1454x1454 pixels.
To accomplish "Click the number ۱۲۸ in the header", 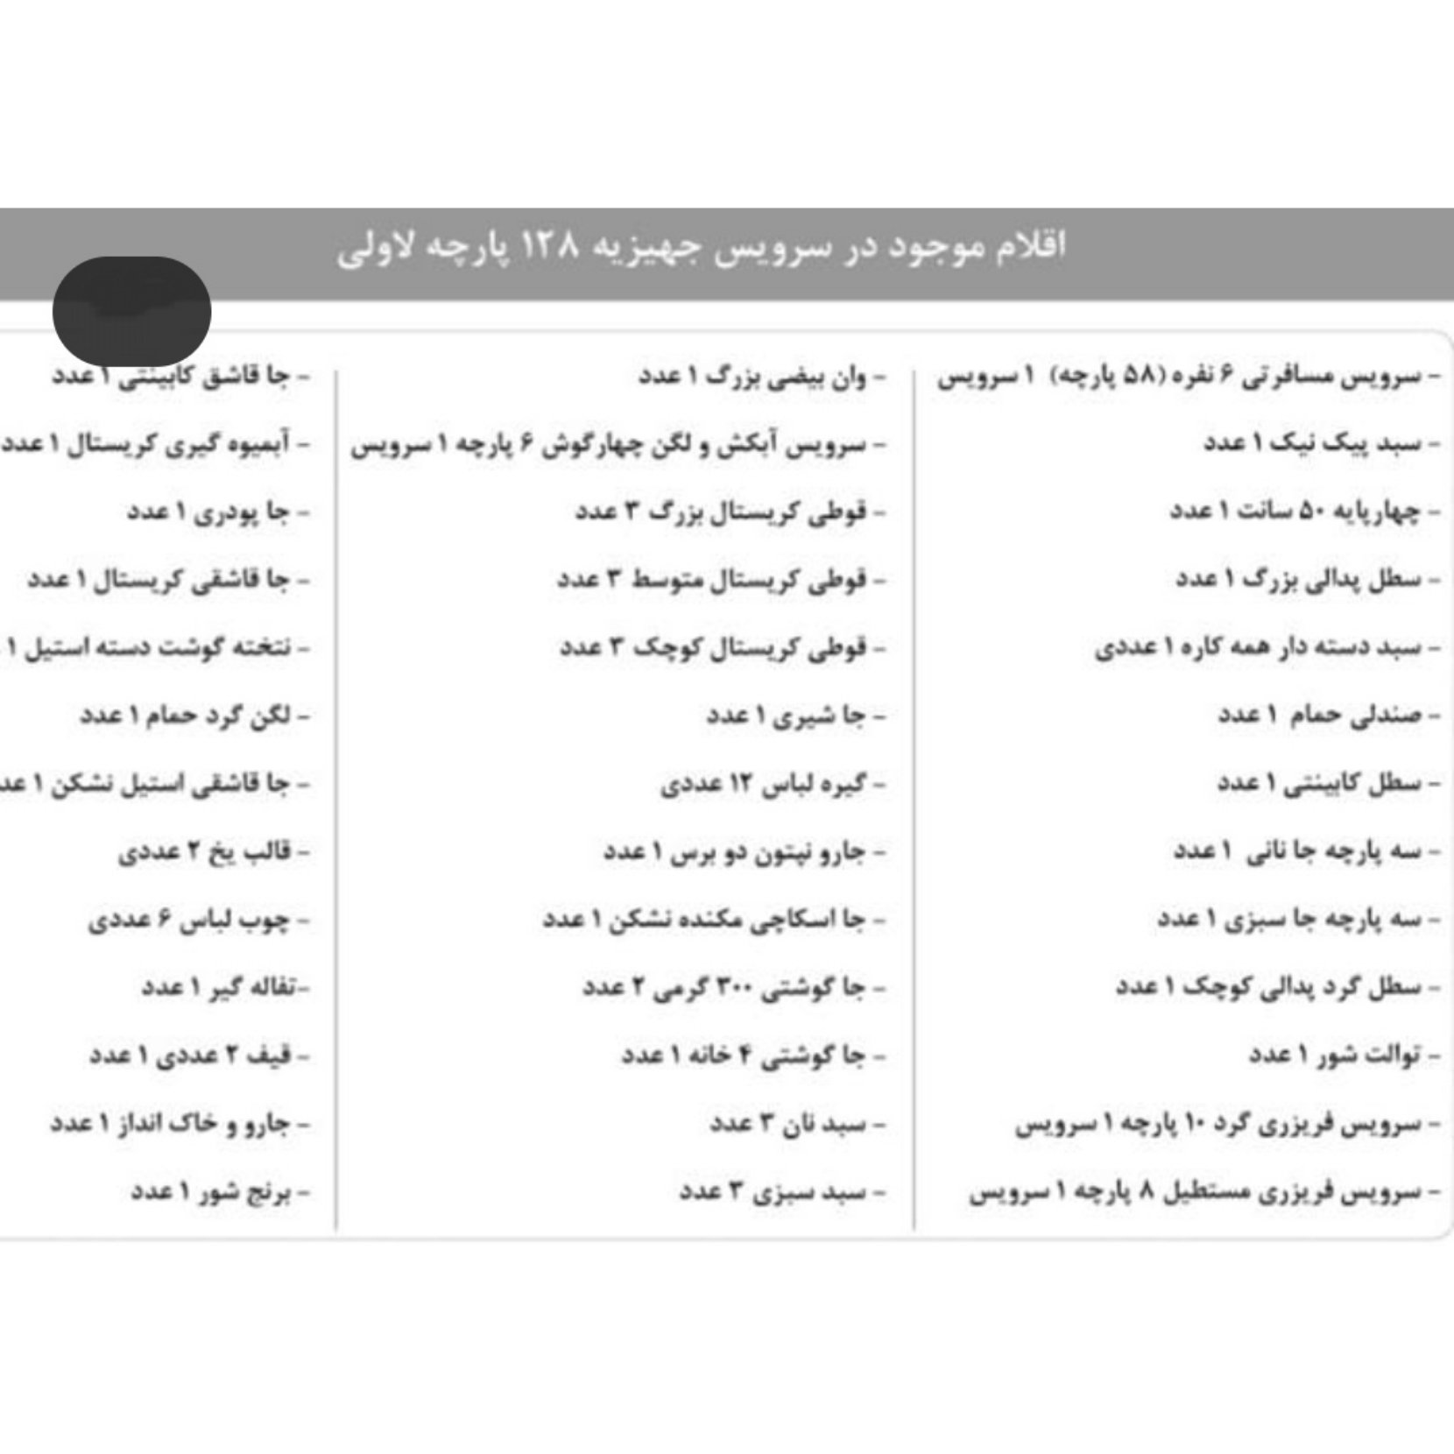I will click(x=551, y=246).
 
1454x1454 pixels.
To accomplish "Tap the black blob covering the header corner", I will click(x=131, y=311).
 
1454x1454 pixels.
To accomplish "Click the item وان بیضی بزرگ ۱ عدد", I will click(x=752, y=377).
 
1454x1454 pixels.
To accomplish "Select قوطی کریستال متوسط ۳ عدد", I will click(x=712, y=580).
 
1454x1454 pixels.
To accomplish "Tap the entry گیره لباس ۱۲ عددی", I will click(x=763, y=784).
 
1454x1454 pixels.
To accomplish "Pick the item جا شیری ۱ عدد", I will click(x=787, y=716).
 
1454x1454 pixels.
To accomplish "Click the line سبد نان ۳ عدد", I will click(x=788, y=1124).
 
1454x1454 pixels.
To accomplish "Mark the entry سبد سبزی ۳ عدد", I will click(x=773, y=1192).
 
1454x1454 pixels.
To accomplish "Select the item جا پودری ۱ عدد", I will click(x=208, y=512).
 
